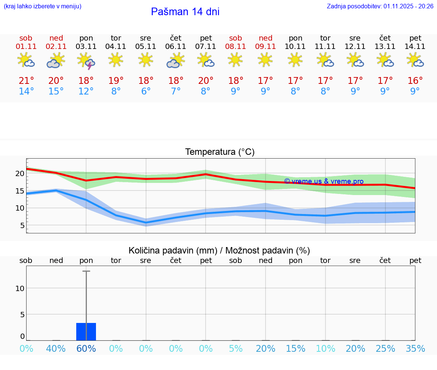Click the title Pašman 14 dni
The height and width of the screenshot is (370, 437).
[185, 12]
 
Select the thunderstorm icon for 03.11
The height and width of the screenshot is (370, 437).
[86, 61]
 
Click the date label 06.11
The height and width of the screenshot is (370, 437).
[176, 47]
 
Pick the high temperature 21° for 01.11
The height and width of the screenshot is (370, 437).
[26, 81]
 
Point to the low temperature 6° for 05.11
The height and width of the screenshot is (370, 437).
[146, 91]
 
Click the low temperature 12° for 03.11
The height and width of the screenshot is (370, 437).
[86, 91]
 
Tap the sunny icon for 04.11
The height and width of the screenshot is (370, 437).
[116, 60]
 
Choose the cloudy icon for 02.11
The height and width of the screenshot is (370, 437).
[56, 61]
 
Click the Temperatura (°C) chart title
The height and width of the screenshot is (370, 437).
[220, 152]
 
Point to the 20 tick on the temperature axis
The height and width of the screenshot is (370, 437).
[20, 173]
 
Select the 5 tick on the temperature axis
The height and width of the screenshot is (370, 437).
[22, 225]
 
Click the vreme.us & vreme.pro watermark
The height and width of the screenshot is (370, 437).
[324, 181]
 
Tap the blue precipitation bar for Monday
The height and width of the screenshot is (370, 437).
[86, 332]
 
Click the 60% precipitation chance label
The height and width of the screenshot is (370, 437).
[86, 348]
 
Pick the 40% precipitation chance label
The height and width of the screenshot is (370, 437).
[56, 348]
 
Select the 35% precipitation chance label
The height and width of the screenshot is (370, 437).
[415, 348]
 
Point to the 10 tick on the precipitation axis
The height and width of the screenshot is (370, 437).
[20, 288]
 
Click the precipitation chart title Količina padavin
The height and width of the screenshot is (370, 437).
[219, 250]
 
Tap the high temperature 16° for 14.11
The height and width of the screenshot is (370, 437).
[415, 81]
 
